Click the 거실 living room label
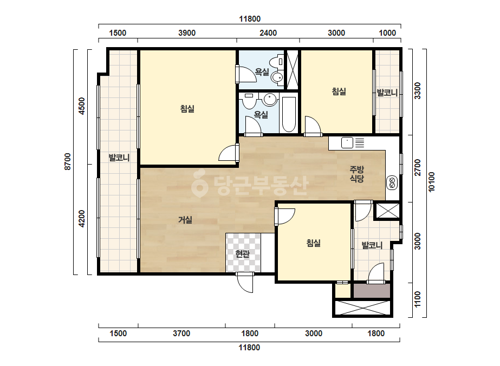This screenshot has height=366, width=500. click(185, 220)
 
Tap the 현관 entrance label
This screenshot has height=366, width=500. click(242, 254)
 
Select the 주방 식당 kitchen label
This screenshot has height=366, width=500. click(357, 174)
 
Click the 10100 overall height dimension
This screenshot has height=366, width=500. click(431, 182)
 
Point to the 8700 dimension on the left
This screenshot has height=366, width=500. click(68, 162)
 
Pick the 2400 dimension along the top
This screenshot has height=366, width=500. click(268, 33)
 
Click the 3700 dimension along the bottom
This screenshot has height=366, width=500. click(181, 334)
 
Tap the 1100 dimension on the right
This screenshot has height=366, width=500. click(418, 299)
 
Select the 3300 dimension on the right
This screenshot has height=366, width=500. click(418, 90)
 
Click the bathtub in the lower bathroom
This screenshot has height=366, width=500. click(289, 114)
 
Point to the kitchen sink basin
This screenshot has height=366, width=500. click(347, 143)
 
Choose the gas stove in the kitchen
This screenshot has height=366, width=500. click(392, 183)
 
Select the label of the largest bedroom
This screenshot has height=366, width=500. click(187, 109)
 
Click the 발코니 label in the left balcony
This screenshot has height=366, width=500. click(119, 158)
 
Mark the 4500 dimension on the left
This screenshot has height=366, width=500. click(82, 106)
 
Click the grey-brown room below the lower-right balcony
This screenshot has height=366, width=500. click(372, 291)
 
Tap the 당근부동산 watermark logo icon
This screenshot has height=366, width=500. click(199, 184)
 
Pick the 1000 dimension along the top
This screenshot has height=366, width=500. click(387, 33)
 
